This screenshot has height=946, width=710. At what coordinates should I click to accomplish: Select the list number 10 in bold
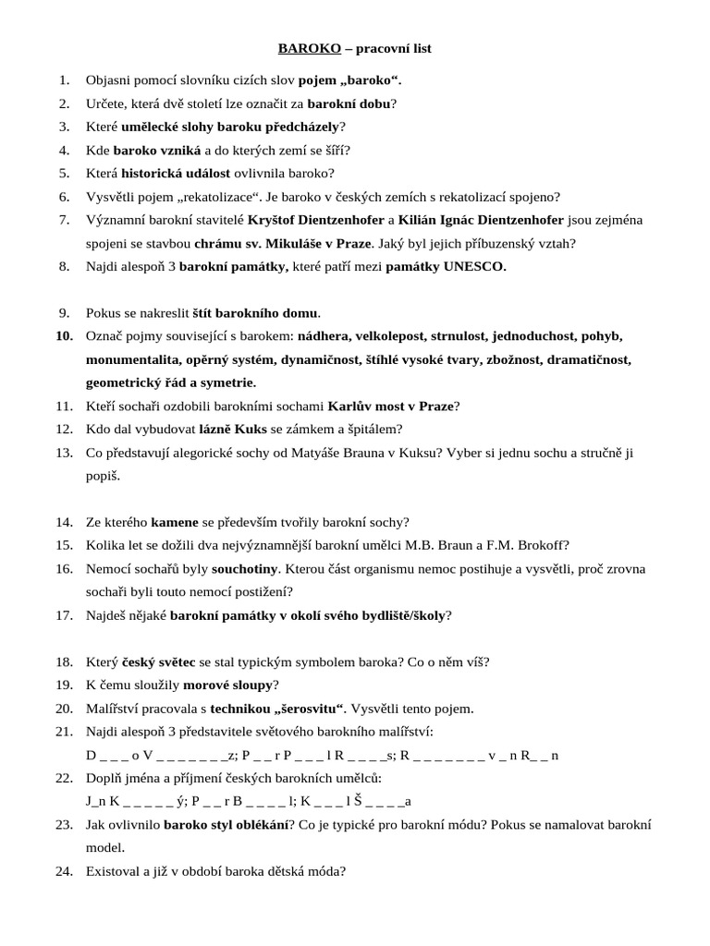point(64,335)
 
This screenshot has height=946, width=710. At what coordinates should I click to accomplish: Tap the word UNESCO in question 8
point(474,267)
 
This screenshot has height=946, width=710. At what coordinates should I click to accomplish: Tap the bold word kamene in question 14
point(176,522)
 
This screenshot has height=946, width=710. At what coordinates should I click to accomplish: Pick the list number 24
point(64,870)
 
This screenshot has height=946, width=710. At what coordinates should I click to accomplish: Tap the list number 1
point(64,80)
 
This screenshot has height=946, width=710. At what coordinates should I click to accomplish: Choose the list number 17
point(64,615)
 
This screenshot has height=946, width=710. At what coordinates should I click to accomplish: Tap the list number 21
point(64,732)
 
